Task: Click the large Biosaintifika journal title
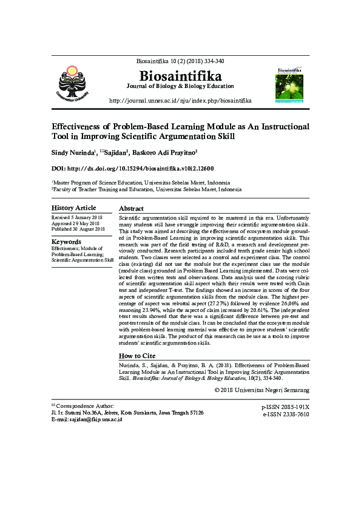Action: pyautogui.click(x=180, y=76)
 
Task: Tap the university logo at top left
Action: pyautogui.click(x=72, y=83)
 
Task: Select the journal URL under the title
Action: pyautogui.click(x=180, y=100)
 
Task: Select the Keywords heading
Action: pyautogui.click(x=66, y=241)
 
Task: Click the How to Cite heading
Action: pyautogui.click(x=137, y=356)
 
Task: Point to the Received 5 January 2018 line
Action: pyautogui.click(x=77, y=217)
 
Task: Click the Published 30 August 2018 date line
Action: pyautogui.click(x=78, y=229)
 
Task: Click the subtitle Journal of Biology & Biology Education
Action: pyautogui.click(x=180, y=86)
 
